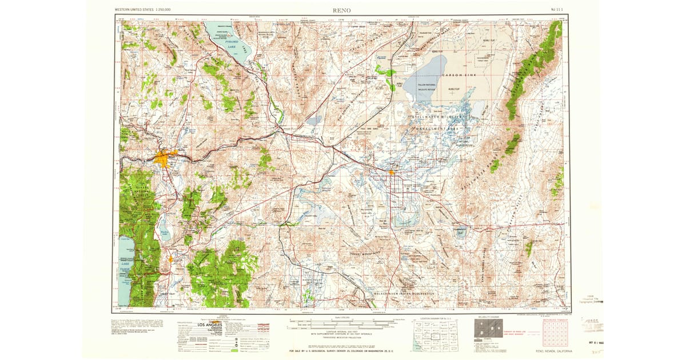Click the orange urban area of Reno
(164, 158)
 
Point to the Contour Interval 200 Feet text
(343, 331)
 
